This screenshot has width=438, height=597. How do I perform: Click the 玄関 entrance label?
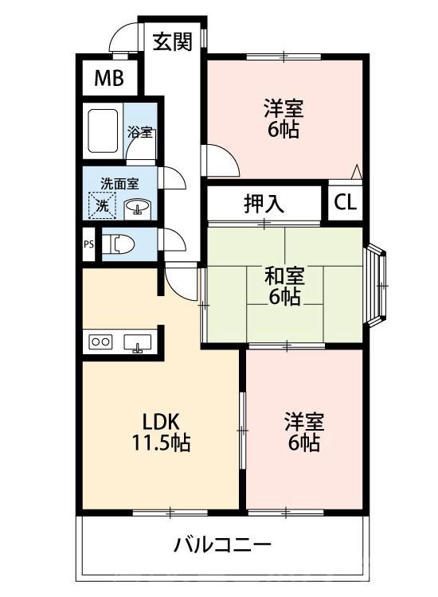click(x=173, y=42)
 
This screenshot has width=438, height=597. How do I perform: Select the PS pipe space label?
click(x=88, y=244)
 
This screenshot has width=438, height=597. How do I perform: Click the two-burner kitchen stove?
click(x=101, y=341)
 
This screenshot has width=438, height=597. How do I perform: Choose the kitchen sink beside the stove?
click(x=139, y=342)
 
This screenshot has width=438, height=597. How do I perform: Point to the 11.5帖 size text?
click(x=159, y=443)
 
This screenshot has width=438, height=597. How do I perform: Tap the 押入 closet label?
click(x=264, y=203)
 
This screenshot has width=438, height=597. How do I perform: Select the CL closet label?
click(x=345, y=203)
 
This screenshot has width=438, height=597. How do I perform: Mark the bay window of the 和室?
click(x=379, y=283)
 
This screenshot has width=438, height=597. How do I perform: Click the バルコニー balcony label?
click(x=223, y=546)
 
